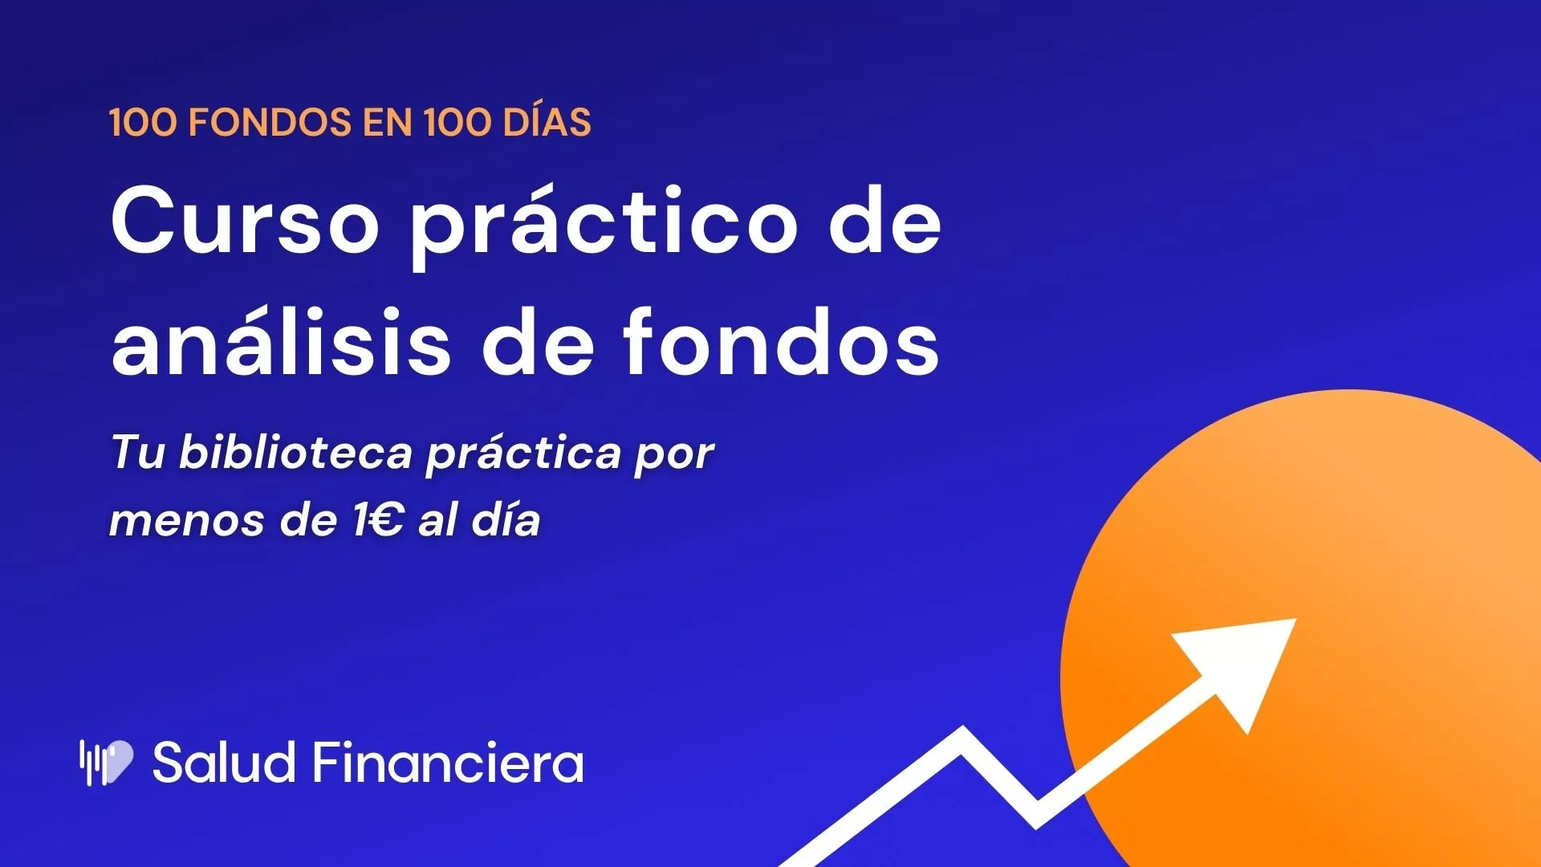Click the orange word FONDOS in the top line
[270, 123]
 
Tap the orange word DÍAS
[547, 121]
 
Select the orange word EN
[388, 123]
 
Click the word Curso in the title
[245, 220]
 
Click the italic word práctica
[523, 454]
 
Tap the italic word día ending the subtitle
[506, 519]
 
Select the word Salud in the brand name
[224, 762]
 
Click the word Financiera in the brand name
[448, 762]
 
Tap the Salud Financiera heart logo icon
[106, 762]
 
